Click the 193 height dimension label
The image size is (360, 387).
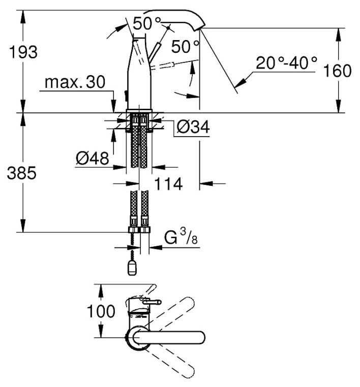[x=23, y=52]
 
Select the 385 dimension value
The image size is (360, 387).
[x=22, y=173]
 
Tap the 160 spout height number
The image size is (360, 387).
[x=337, y=71]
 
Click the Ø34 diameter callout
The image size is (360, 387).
[x=193, y=127]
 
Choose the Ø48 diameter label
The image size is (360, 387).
[x=93, y=158]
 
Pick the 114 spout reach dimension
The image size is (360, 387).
[x=168, y=184]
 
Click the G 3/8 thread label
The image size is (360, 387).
[x=181, y=237]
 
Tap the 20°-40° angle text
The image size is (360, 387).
[x=286, y=62]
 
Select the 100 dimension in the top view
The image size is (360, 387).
[x=101, y=311]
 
